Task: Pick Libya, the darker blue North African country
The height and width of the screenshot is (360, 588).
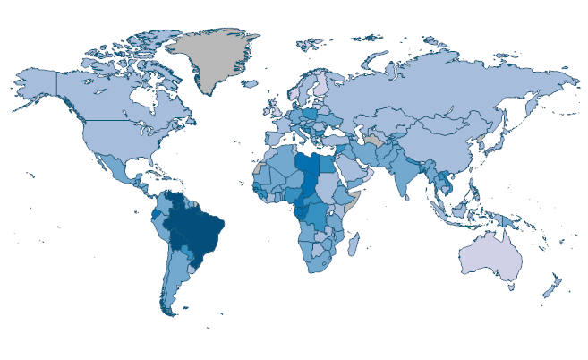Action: point(311,167)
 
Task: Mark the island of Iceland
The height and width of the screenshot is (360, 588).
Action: point(253,88)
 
